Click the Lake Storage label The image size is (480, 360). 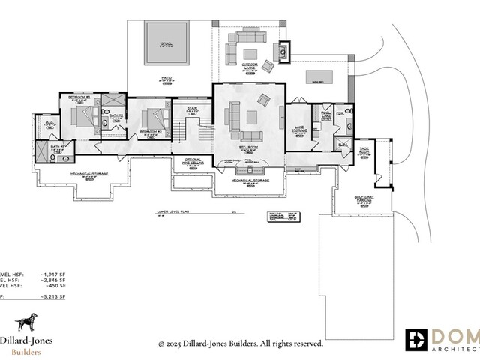(x=298, y=130)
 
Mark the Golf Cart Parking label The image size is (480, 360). (x=364, y=199)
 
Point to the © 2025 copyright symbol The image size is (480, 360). (x=161, y=344)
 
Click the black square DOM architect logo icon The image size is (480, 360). (x=418, y=339)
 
